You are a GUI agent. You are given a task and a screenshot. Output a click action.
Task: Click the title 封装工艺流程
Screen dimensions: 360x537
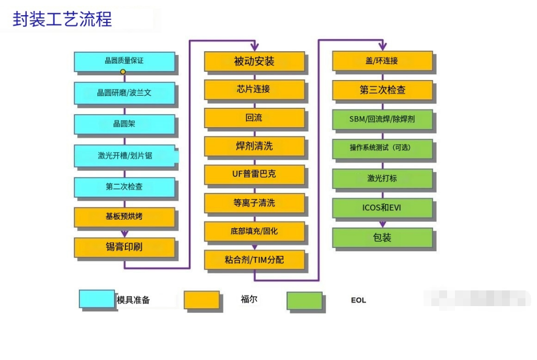pos(62,19)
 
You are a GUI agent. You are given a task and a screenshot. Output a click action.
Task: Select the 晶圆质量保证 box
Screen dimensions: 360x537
pos(124,61)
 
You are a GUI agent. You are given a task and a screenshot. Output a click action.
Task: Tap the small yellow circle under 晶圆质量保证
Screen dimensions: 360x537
pos(123,72)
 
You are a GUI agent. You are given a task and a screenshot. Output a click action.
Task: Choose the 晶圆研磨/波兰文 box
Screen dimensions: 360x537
pos(124,93)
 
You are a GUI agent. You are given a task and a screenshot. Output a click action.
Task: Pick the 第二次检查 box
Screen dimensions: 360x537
pos(124,187)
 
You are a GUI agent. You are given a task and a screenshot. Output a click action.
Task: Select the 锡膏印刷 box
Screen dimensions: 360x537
pos(124,247)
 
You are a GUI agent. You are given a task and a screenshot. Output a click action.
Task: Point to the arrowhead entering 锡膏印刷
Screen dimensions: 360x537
pos(124,234)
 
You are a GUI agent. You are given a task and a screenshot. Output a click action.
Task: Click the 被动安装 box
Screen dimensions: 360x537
pos(254,61)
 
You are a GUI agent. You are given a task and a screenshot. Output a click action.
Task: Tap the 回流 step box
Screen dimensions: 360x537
pos(254,118)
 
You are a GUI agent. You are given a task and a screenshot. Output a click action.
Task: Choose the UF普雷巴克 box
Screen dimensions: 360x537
pos(254,174)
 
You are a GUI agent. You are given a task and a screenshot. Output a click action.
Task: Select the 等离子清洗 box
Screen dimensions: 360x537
pos(254,203)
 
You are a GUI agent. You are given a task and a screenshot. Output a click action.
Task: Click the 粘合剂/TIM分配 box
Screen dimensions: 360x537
pos(254,260)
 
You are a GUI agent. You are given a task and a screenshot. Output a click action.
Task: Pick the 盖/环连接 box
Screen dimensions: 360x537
pos(382,61)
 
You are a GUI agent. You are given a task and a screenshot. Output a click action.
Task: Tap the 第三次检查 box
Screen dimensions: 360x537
pos(382,89)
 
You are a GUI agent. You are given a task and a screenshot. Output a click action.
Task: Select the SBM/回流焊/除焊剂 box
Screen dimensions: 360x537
pos(382,119)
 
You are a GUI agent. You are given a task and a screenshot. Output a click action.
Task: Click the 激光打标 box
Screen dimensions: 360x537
pos(382,178)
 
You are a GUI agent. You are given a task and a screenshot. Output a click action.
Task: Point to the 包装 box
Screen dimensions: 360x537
pos(382,238)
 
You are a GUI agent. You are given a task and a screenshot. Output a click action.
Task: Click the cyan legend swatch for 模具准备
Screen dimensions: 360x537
pos(97,299)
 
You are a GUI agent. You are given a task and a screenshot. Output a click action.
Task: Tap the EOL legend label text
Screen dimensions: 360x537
pos(358,300)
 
